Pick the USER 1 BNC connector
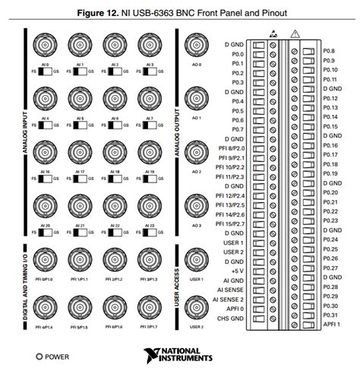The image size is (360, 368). (197, 261)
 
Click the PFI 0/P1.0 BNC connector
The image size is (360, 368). (46, 261)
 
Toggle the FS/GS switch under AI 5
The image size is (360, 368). (81, 125)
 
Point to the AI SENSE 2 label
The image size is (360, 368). (228, 299)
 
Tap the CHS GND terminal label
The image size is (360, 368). (229, 318)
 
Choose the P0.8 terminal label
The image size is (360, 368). (330, 50)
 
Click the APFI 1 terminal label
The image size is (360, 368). (332, 324)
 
